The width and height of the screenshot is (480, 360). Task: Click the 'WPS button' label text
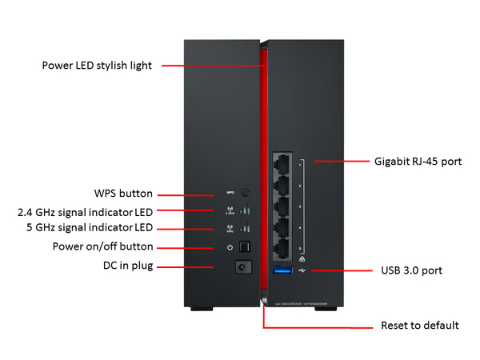(x=123, y=194)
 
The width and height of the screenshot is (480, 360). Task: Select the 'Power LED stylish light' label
(x=102, y=65)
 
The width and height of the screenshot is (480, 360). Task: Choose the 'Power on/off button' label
(x=103, y=246)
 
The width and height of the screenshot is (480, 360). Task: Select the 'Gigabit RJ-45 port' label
(x=418, y=161)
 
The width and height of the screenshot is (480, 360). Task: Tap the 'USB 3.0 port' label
(x=411, y=270)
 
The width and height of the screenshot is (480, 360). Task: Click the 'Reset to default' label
(x=418, y=326)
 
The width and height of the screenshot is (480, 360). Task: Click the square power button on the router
(x=246, y=247)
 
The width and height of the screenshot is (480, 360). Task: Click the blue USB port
(x=284, y=272)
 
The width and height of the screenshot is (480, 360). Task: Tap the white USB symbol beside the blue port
(x=302, y=271)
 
